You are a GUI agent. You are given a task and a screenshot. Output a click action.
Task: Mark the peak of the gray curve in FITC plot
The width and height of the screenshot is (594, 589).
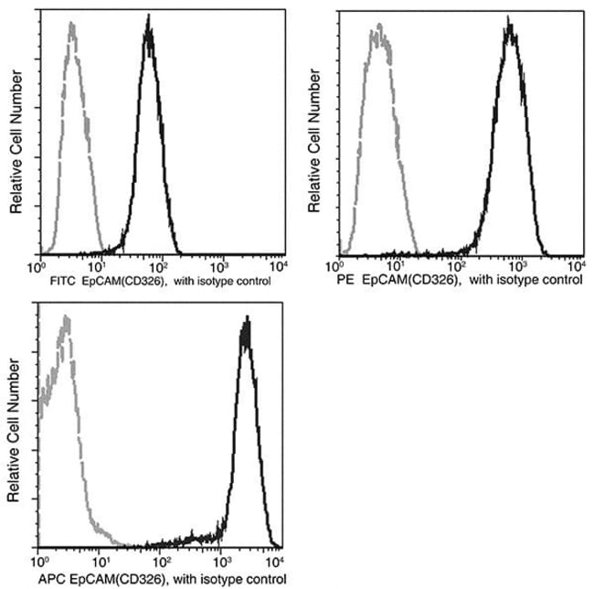71,25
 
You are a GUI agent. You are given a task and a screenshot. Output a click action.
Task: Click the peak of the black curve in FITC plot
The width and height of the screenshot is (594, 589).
150,27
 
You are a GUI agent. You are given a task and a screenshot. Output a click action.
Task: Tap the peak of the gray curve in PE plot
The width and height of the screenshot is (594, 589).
377,32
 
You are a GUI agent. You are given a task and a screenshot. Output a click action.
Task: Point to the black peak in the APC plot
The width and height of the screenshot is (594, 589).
246,320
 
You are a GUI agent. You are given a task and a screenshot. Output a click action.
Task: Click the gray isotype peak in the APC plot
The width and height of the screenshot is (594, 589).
65,319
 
